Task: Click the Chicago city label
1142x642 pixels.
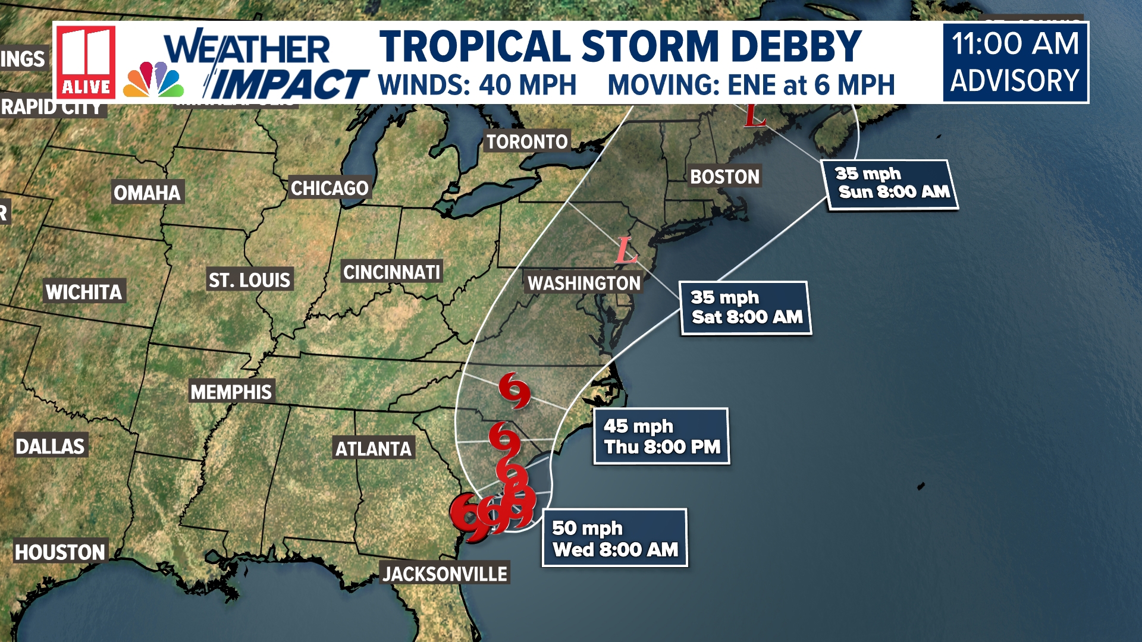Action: pos(330,188)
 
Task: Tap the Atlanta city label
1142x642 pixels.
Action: pos(373,449)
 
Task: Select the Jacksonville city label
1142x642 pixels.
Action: pos(444,574)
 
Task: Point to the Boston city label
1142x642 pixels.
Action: pos(724,177)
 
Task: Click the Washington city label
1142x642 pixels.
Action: pos(583,283)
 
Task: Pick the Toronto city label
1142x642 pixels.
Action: pos(527,141)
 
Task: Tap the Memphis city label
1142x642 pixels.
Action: pos(231,392)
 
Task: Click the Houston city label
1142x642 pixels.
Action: pos(59,552)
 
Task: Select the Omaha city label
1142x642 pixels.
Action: pos(147,193)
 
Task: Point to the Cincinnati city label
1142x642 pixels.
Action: pos(391,272)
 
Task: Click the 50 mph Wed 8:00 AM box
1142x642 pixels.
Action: pos(614,538)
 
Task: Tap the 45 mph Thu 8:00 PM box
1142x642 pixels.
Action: pos(661,436)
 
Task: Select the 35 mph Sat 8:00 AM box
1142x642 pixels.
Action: pos(746,308)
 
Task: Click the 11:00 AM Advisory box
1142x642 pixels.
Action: pos(1015,62)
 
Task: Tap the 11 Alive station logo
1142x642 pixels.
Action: pos(86,62)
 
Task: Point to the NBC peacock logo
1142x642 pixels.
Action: pos(153,80)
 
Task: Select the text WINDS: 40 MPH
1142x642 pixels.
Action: pos(477,85)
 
